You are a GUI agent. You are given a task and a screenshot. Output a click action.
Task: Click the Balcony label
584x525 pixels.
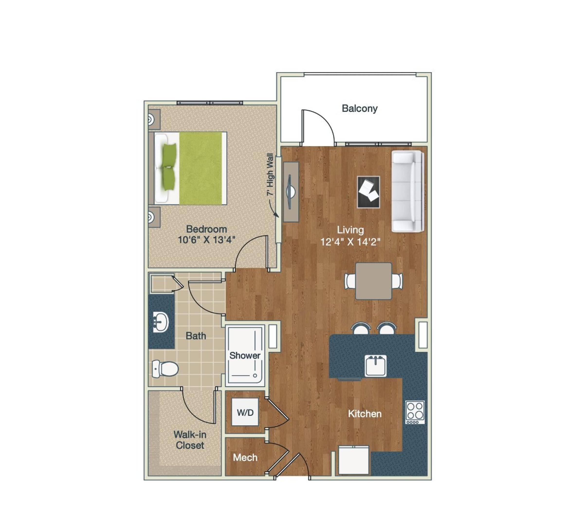pyautogui.click(x=359, y=109)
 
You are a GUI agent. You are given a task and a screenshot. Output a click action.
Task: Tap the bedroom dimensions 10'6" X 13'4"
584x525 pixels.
pyautogui.click(x=207, y=240)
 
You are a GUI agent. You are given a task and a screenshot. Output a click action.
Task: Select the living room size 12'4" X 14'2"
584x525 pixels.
pyautogui.click(x=350, y=242)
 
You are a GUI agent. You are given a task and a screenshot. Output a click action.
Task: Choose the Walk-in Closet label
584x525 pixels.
pyautogui.click(x=190, y=440)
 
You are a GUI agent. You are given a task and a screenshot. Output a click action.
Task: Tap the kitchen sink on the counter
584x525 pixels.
pyautogui.click(x=375, y=366)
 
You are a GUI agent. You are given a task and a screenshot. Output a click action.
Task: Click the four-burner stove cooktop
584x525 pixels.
pyautogui.click(x=415, y=412)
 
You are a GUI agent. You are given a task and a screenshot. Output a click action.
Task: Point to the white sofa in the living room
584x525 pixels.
pyautogui.click(x=407, y=192)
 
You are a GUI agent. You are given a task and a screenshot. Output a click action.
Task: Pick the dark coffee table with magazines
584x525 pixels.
pyautogui.click(x=368, y=192)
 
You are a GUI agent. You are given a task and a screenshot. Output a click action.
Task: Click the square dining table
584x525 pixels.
pyautogui.click(x=374, y=281)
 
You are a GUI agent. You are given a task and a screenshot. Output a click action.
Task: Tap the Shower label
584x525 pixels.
pyautogui.click(x=245, y=355)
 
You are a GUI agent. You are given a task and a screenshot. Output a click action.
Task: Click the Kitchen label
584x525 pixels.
pyautogui.click(x=365, y=414)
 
